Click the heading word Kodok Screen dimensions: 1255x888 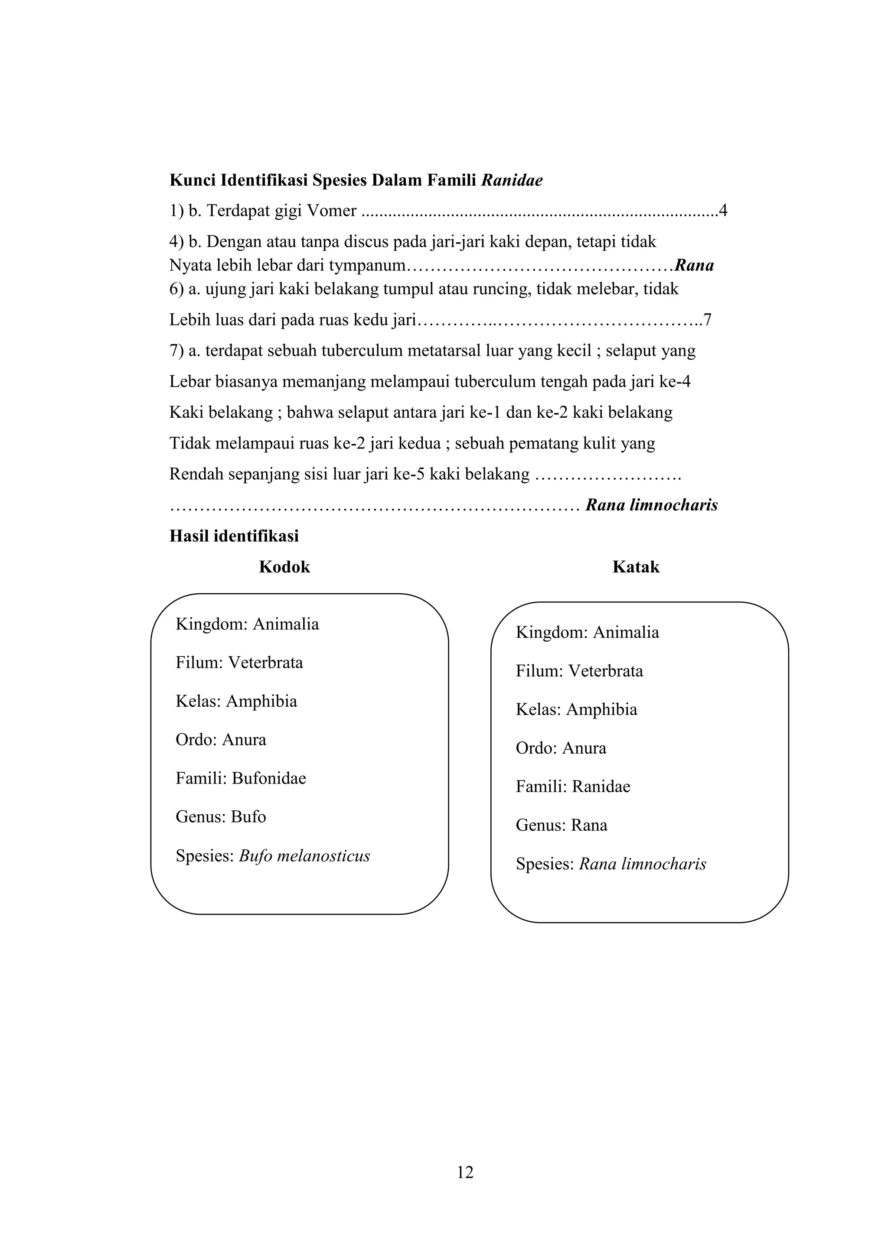pos(284,567)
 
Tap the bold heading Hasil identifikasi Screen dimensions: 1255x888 pos(234,536)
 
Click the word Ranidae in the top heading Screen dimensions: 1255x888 pos(512,180)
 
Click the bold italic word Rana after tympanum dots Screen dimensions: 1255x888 pos(695,266)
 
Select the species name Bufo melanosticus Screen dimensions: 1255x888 pos(304,855)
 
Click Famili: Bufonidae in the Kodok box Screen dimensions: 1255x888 pos(241,778)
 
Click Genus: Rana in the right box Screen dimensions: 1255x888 pos(561,825)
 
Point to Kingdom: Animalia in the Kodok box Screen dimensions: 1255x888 pos(247,624)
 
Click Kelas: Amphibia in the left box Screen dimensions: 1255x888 pos(236,701)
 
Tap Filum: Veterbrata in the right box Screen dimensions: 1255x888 pos(579,671)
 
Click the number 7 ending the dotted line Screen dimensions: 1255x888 pos(708,320)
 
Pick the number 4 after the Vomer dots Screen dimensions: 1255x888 pos(723,211)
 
